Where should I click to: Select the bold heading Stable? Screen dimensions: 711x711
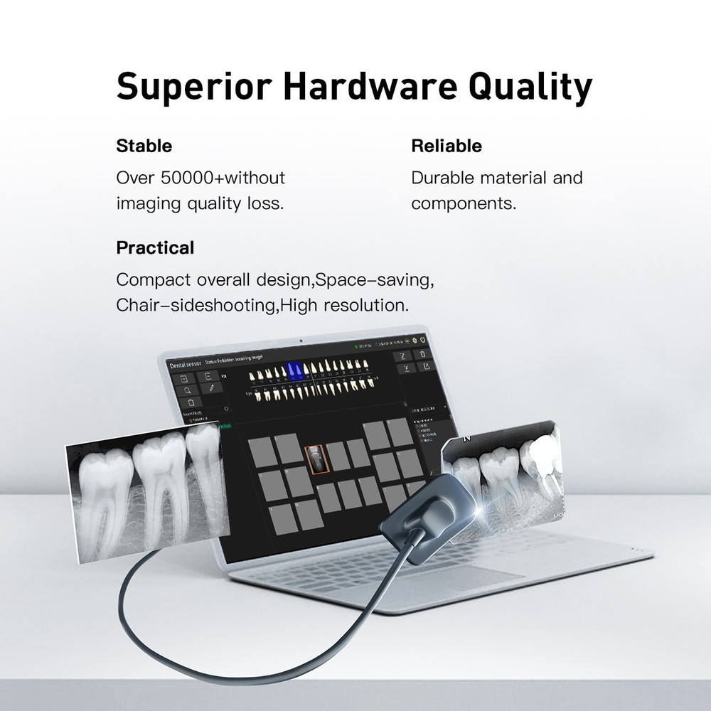(x=144, y=146)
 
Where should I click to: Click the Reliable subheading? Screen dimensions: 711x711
(x=446, y=146)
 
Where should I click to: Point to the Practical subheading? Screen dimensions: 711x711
(x=155, y=248)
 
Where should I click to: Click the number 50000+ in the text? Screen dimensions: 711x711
(x=186, y=177)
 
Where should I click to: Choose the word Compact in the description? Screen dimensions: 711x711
(x=150, y=279)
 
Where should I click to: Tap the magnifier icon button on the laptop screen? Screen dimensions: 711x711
(x=186, y=390)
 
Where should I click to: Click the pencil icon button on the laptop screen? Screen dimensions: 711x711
(x=212, y=388)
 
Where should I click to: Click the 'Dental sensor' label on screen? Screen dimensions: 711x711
(x=184, y=363)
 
